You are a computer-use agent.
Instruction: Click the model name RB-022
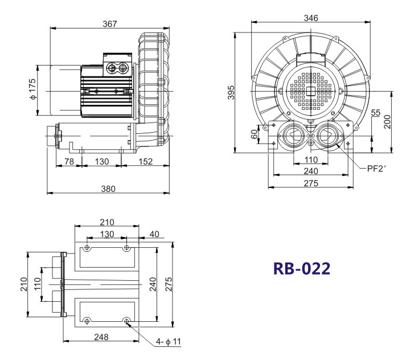(x=301, y=268)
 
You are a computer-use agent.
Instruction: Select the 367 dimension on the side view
(x=109, y=24)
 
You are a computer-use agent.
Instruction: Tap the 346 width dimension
(x=311, y=18)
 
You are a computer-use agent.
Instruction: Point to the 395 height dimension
(x=231, y=92)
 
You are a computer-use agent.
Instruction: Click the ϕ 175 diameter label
(x=32, y=89)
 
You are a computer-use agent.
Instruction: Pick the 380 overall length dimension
(x=108, y=189)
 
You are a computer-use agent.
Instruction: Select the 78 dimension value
(x=69, y=161)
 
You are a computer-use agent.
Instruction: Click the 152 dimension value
(x=145, y=161)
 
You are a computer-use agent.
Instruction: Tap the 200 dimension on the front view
(x=388, y=121)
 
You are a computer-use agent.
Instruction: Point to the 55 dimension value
(x=375, y=113)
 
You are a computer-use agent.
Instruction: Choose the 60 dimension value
(x=254, y=134)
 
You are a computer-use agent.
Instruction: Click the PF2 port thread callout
(x=376, y=169)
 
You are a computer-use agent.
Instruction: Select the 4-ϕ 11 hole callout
(x=168, y=341)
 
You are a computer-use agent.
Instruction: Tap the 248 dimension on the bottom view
(x=101, y=337)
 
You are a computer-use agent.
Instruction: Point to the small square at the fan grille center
(x=311, y=91)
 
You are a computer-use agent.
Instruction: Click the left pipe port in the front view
(x=293, y=136)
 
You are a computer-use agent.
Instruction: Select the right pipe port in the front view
(x=327, y=136)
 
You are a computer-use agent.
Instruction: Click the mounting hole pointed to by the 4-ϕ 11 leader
(x=126, y=321)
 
